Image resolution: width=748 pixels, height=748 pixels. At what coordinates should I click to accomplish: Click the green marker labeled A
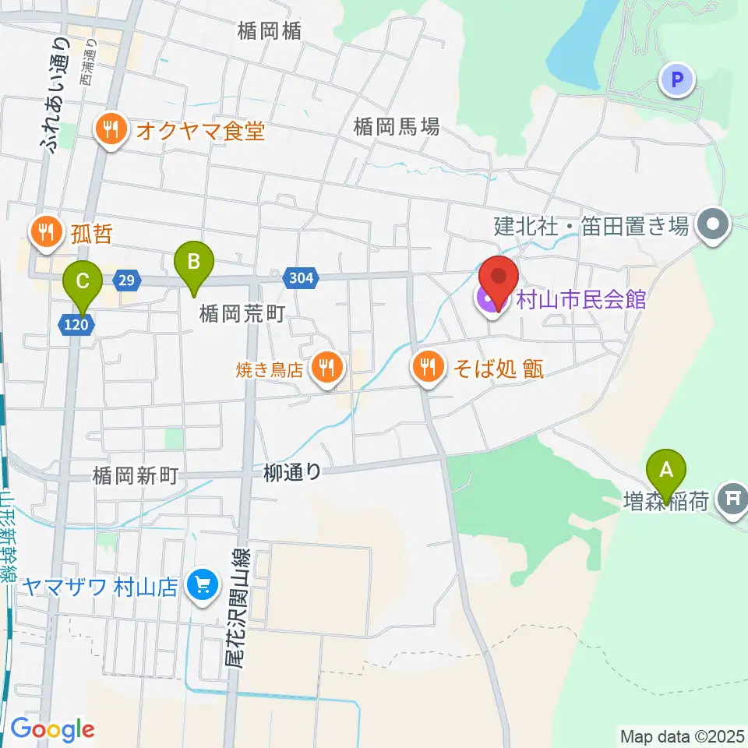pyautogui.click(x=666, y=470)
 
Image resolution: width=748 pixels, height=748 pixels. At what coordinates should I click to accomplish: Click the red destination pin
pyautogui.click(x=499, y=279)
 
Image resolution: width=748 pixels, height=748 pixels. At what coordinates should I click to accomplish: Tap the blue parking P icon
pyautogui.click(x=677, y=79)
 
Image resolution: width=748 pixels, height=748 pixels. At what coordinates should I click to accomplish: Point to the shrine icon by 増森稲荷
pyautogui.click(x=732, y=496)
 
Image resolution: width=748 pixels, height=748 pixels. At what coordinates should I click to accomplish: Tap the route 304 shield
pyautogui.click(x=301, y=278)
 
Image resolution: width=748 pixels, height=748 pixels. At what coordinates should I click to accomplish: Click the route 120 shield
pyautogui.click(x=76, y=323)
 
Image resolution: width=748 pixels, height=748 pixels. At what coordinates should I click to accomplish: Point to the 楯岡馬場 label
pyautogui.click(x=396, y=126)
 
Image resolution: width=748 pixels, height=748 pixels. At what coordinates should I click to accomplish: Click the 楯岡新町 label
pyautogui.click(x=136, y=473)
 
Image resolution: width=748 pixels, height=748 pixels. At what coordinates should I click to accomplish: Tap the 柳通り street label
pyautogui.click(x=292, y=471)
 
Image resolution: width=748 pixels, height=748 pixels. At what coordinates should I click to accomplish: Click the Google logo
pyautogui.click(x=52, y=730)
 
